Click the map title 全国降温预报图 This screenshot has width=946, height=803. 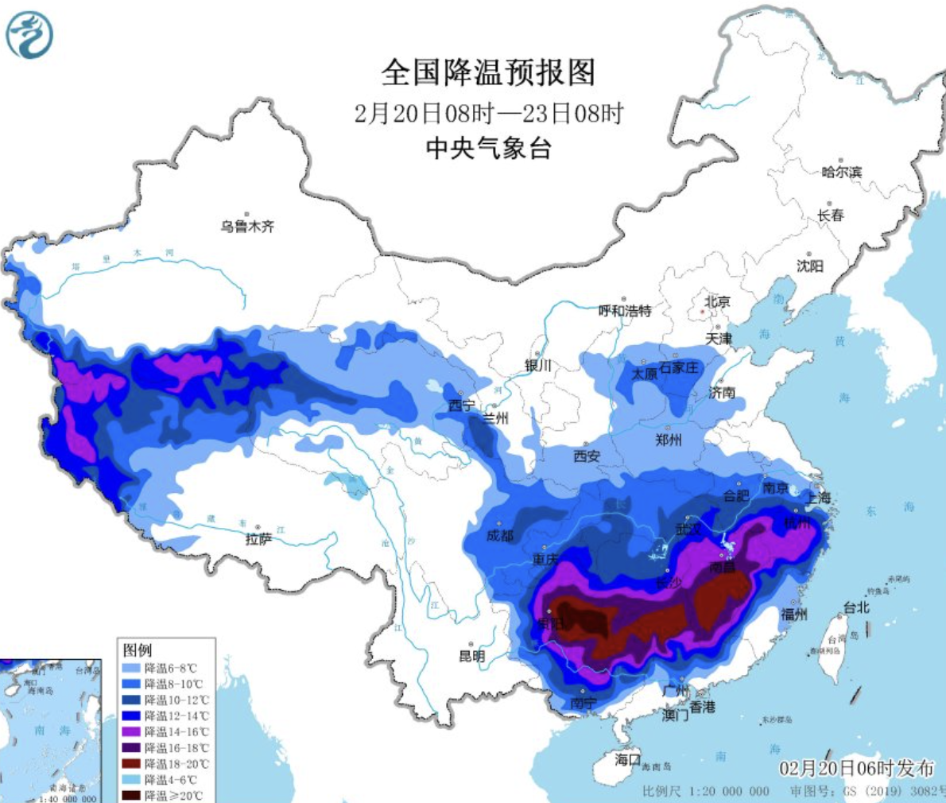[488, 72]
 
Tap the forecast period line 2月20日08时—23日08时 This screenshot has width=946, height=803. [488, 113]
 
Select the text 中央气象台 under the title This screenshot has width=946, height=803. [488, 148]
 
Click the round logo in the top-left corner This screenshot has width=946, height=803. [29, 36]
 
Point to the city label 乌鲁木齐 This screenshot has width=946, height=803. [247, 227]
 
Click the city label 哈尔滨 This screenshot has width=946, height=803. [841, 172]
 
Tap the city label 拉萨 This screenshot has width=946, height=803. [258, 539]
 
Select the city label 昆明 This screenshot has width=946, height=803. [472, 656]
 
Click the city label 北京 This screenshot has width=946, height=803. [717, 301]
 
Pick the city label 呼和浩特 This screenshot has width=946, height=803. [625, 310]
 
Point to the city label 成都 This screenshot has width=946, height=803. [500, 536]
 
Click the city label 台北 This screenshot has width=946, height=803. [856, 607]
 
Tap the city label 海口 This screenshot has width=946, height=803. [627, 759]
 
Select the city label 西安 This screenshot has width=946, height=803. [587, 456]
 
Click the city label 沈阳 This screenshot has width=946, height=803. [810, 266]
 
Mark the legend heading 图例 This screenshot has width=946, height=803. [138, 650]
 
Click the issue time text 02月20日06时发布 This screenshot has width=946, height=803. [856, 768]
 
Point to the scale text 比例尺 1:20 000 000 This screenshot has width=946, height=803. [705, 790]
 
